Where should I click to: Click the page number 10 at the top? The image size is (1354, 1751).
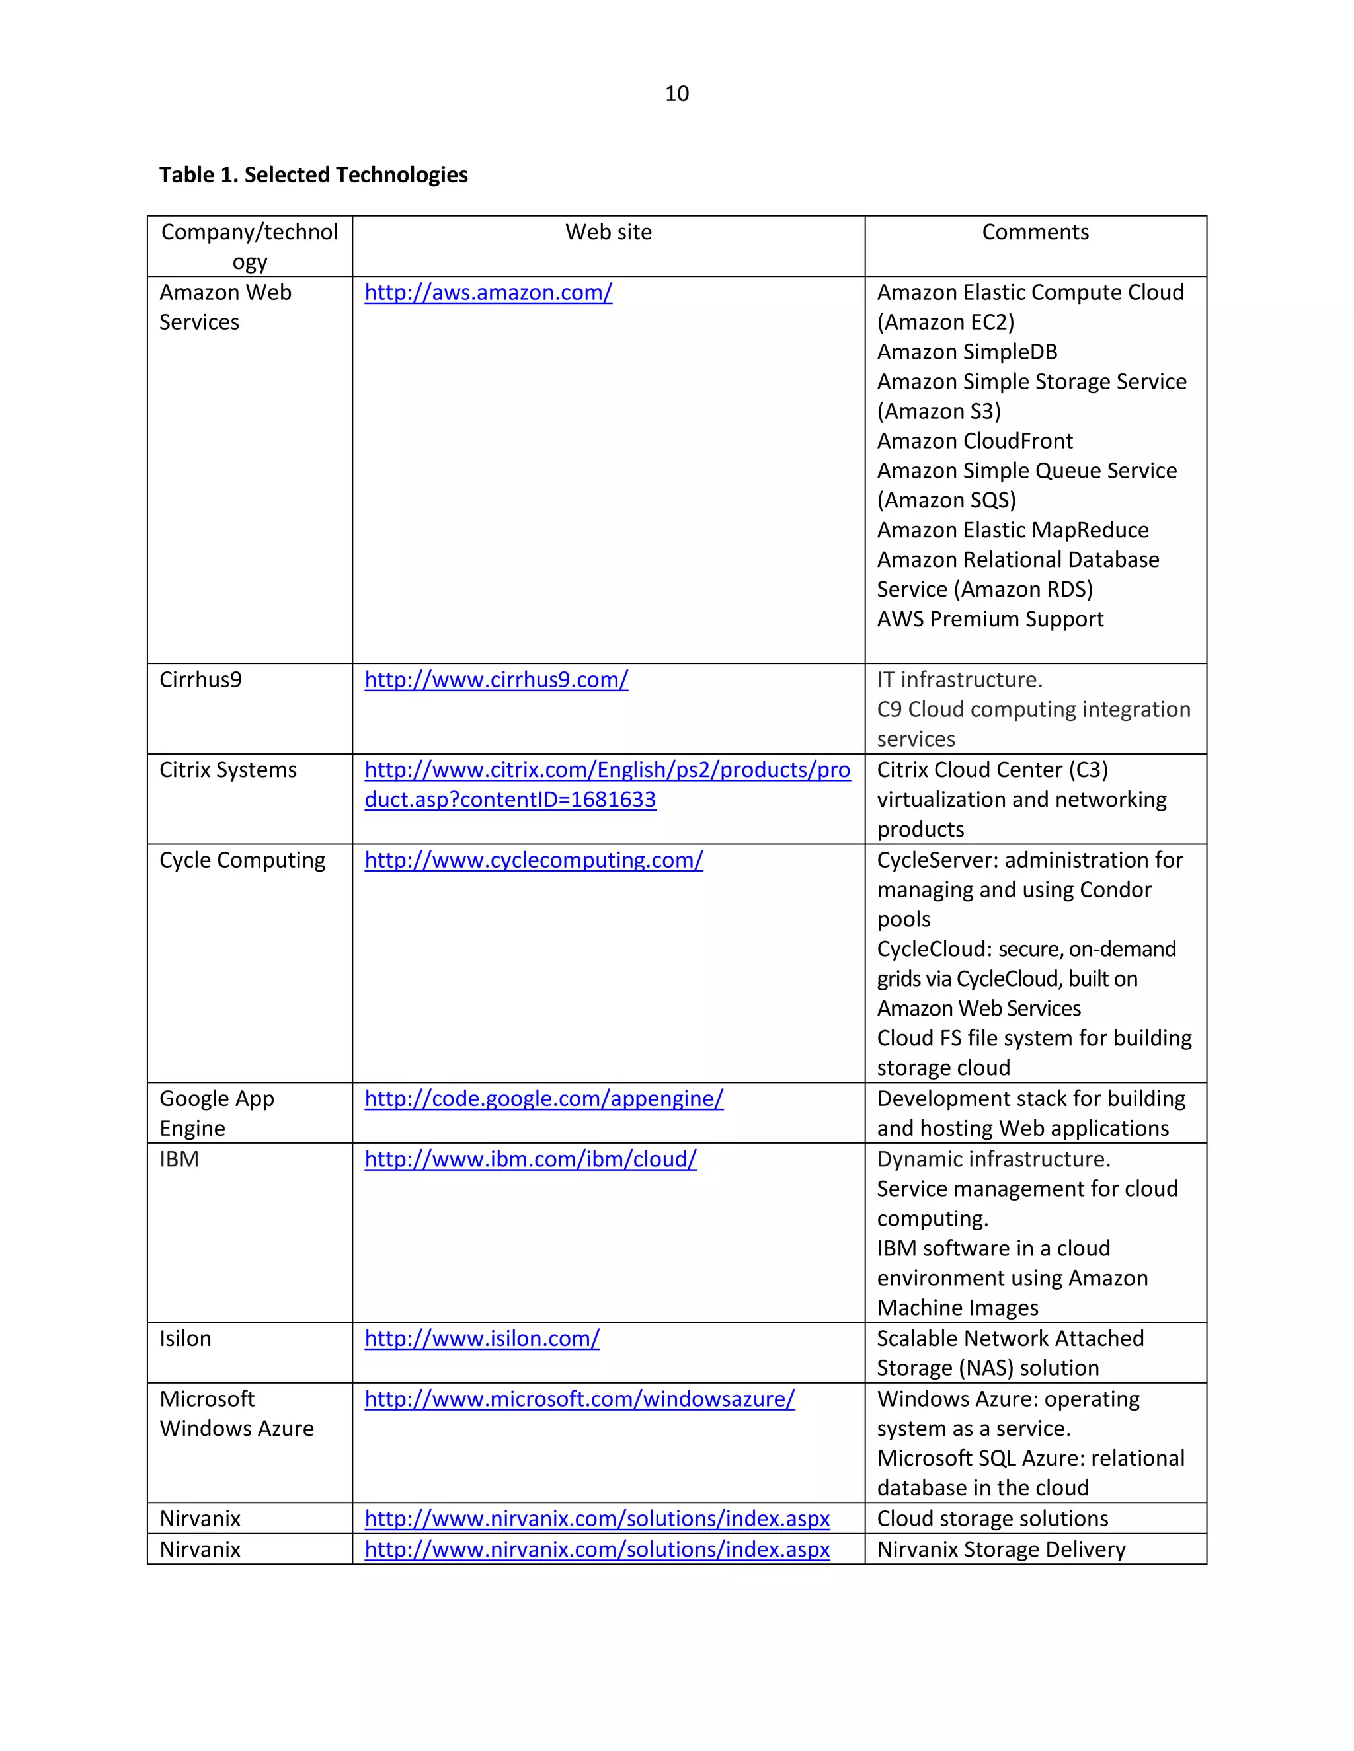click(676, 94)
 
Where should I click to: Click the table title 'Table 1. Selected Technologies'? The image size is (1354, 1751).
click(313, 175)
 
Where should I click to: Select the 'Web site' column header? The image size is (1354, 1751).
click(608, 233)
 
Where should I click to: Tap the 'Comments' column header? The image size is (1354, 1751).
click(1035, 233)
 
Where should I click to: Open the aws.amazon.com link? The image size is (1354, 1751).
click(488, 293)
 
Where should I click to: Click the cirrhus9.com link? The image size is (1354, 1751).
click(496, 680)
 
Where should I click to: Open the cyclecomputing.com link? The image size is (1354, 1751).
click(534, 860)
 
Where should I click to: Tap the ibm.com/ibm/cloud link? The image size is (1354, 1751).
click(530, 1160)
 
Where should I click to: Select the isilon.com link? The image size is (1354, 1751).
click(482, 1339)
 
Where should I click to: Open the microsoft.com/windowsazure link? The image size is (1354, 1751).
click(579, 1399)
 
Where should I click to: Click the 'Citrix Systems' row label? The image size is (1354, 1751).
click(228, 770)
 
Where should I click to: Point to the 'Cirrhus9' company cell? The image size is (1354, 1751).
click(200, 680)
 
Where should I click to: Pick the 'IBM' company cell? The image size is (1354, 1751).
click(179, 1160)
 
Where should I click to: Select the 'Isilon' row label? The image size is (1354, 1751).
click(185, 1339)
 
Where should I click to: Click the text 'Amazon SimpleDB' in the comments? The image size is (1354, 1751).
click(967, 352)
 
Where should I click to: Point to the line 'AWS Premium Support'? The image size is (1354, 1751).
click(990, 619)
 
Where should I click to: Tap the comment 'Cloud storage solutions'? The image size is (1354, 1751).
click(992, 1518)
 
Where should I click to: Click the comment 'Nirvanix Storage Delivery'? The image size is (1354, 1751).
click(1001, 1549)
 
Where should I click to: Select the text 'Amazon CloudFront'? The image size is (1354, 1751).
click(975, 441)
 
